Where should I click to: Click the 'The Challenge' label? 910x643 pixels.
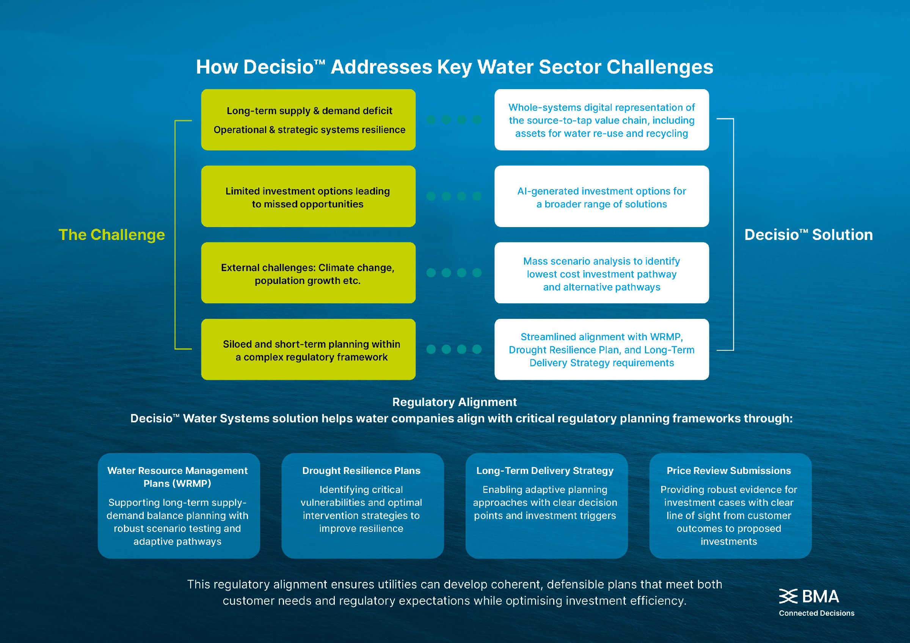click(111, 235)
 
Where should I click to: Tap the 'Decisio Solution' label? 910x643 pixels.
click(808, 235)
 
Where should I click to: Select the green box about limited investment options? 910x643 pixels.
click(308, 196)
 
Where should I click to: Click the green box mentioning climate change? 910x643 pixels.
click(308, 273)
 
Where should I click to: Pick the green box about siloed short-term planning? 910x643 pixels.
click(308, 350)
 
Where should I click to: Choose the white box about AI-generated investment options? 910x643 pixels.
click(601, 196)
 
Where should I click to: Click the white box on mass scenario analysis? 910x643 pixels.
click(601, 273)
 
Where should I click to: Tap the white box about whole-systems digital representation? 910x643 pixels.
click(601, 120)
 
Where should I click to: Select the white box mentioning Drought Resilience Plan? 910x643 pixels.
click(601, 350)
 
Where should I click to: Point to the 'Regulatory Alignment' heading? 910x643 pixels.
click(454, 402)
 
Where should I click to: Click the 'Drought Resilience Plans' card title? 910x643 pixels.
click(361, 470)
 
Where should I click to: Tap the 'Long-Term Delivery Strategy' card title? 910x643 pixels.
click(544, 470)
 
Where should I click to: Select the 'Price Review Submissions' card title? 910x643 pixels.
click(728, 470)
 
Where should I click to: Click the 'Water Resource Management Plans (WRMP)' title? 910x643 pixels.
click(177, 477)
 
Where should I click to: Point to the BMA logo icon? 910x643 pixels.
click(788, 596)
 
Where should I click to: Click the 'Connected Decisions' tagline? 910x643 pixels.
click(816, 613)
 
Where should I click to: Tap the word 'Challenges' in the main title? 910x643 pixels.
click(659, 67)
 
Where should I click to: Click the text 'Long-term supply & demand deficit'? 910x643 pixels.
click(309, 111)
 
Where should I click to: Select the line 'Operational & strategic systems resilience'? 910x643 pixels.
click(309, 130)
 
